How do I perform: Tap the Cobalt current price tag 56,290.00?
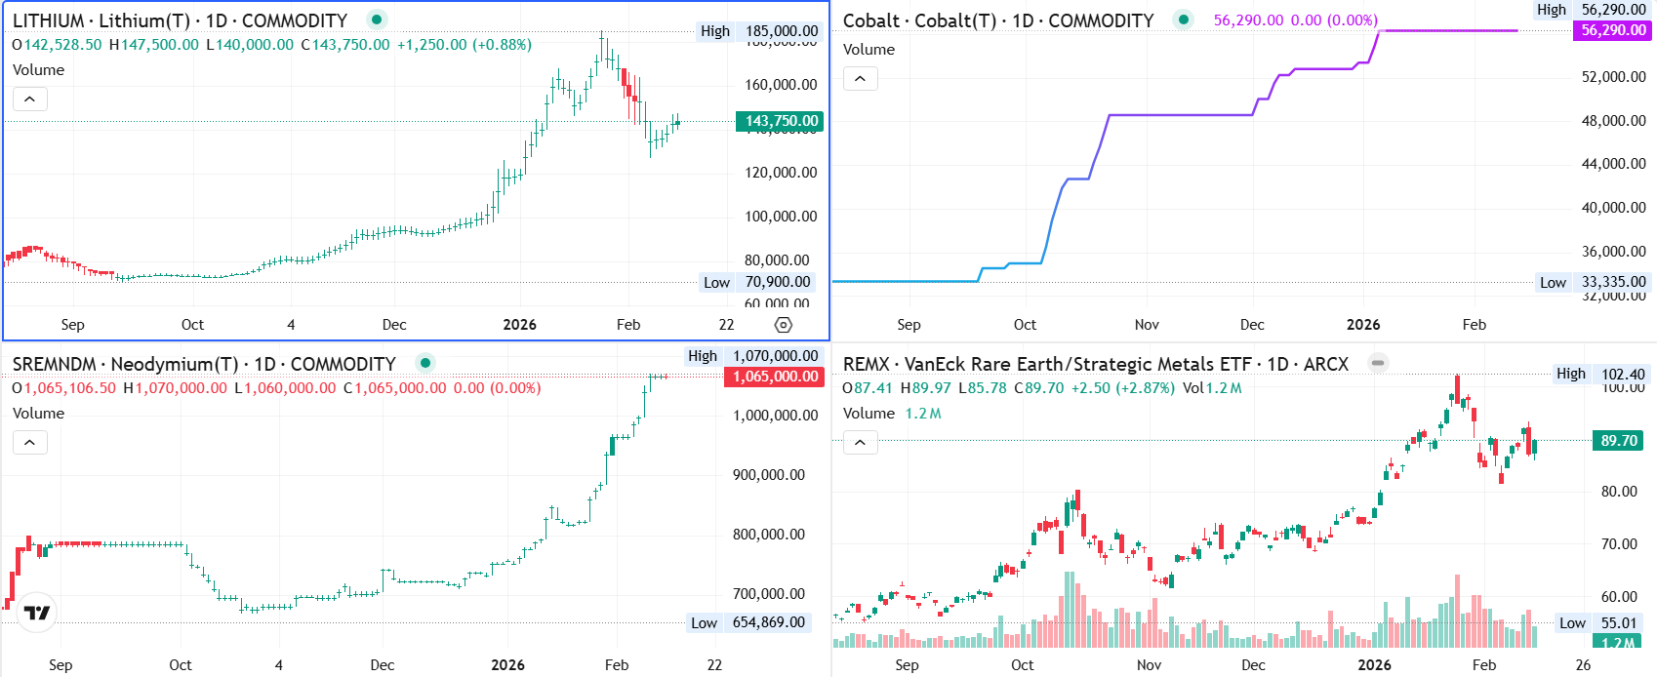click(x=1613, y=30)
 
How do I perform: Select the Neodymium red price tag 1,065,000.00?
click(x=775, y=377)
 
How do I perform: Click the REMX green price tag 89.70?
click(x=1619, y=441)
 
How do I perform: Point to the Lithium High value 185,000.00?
click(x=782, y=31)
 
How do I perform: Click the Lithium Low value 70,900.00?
click(x=778, y=282)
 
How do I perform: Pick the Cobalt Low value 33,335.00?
click(x=1613, y=282)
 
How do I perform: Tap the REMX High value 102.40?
click(x=1623, y=374)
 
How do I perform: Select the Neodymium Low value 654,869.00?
click(x=769, y=622)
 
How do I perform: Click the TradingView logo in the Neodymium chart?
click(x=37, y=613)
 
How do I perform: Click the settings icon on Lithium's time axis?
click(x=783, y=325)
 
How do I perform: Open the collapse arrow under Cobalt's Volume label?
click(x=860, y=78)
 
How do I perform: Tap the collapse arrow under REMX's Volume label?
click(x=860, y=443)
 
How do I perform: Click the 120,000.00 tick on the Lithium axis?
click(x=781, y=173)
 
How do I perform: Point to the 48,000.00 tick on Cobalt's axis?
click(x=1613, y=121)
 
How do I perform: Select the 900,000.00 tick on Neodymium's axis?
click(x=769, y=475)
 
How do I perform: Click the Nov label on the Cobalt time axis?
click(x=1147, y=325)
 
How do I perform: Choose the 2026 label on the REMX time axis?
click(x=1374, y=665)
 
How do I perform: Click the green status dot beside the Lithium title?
click(x=377, y=20)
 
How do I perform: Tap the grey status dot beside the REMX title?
click(x=1378, y=363)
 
